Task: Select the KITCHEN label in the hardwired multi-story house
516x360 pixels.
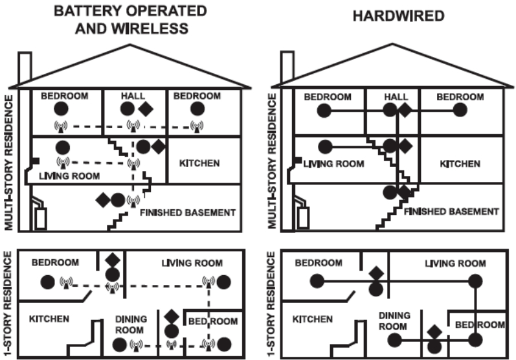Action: [x=460, y=164]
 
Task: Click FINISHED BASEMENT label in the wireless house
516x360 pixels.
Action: [x=187, y=212]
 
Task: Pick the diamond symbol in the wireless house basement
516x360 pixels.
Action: [x=102, y=199]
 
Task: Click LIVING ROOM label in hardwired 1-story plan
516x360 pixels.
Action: [x=455, y=264]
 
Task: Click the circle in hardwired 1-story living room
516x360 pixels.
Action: [x=475, y=281]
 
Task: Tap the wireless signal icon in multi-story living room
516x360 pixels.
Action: [x=63, y=162]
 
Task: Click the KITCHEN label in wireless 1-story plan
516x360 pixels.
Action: [x=50, y=319]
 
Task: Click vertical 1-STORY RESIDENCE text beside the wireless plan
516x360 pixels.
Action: [x=8, y=303]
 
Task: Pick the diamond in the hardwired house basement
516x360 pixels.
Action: [x=404, y=191]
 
